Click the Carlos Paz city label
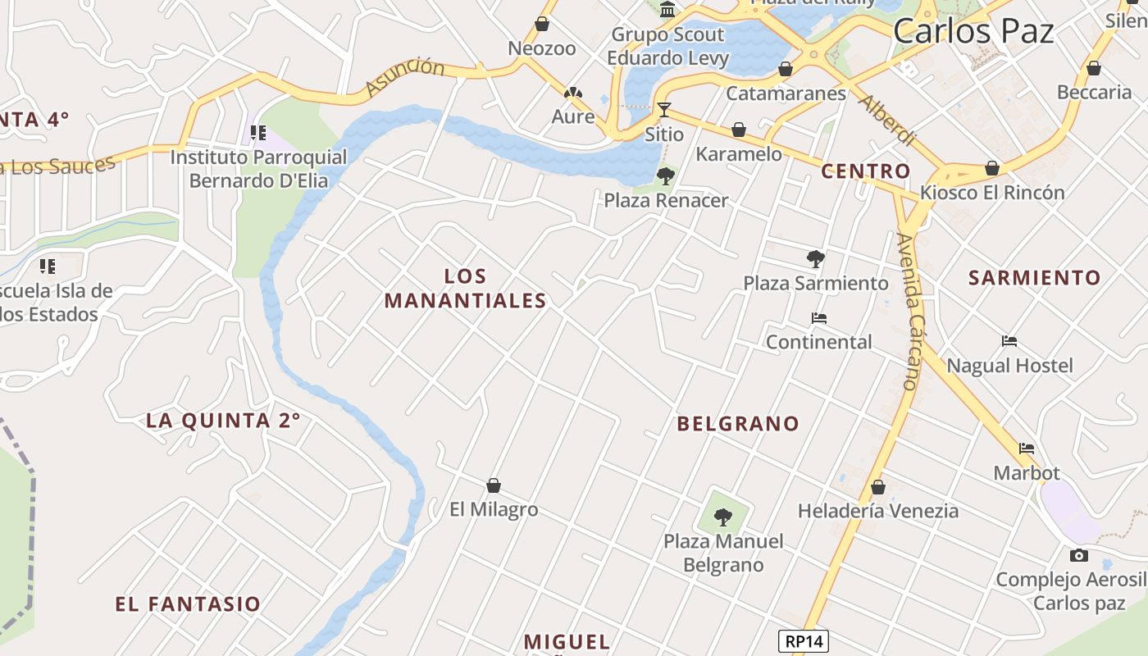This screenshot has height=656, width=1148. point(973,32)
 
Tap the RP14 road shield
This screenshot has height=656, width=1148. point(804,641)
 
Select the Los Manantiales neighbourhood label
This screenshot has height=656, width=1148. point(465,289)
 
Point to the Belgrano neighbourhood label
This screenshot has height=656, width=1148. point(737,424)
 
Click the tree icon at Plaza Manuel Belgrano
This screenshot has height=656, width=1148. point(722,517)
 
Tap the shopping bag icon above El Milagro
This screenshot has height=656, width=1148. point(494,485)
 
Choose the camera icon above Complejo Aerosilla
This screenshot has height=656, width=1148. point(1079,555)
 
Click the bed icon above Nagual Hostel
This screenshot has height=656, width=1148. point(1009,341)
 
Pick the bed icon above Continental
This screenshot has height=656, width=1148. point(818,318)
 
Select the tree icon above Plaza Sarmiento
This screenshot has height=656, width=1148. point(815,259)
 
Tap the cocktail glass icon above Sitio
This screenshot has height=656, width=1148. point(664,109)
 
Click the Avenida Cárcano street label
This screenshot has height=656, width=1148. point(911,312)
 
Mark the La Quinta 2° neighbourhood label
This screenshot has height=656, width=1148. point(223,421)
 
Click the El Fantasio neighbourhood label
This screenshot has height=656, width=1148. point(188,604)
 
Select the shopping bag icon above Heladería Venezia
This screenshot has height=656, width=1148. point(878,487)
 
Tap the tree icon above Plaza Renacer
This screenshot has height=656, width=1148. point(666,175)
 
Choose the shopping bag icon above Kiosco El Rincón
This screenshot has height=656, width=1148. point(992,169)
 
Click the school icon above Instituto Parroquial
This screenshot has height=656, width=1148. point(258,132)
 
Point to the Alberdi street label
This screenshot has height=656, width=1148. point(886,121)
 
